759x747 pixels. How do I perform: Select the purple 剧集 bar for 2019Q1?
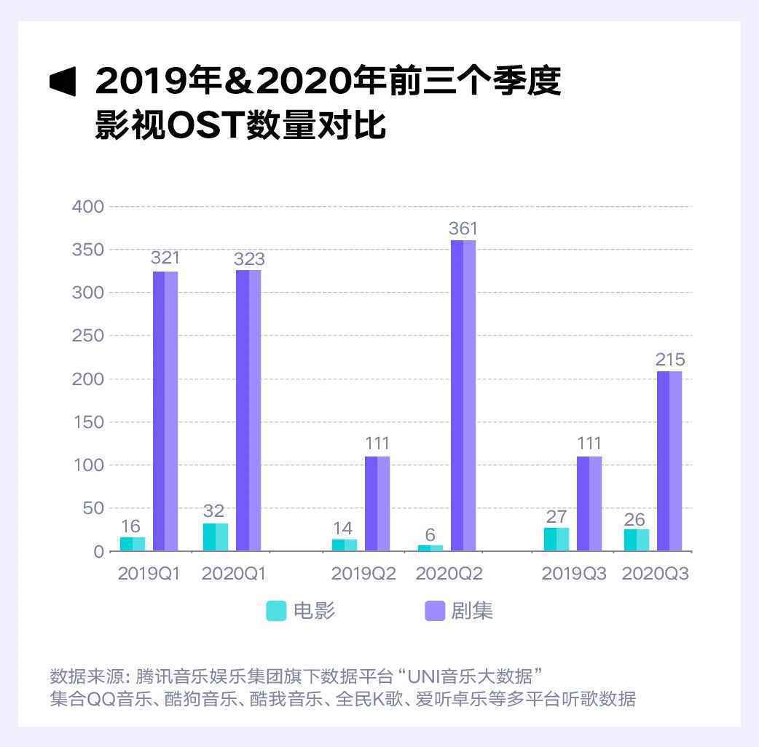[165, 411]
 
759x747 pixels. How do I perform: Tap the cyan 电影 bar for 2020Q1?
[216, 537]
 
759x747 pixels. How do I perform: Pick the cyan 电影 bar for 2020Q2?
[430, 548]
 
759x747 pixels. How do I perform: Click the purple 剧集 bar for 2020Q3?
[669, 461]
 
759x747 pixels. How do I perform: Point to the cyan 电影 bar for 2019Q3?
[557, 539]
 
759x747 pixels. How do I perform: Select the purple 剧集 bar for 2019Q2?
[377, 503]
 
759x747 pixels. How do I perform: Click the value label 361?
[463, 229]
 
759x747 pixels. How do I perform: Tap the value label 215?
[669, 360]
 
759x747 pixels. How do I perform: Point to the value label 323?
[249, 258]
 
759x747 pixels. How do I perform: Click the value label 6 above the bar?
[430, 535]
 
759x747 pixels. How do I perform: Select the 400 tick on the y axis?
[88, 207]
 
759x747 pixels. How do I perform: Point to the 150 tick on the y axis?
[88, 422]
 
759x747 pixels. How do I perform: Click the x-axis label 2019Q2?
[363, 574]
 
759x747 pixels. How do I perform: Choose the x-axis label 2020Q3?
[656, 574]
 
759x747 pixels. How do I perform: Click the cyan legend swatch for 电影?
[276, 611]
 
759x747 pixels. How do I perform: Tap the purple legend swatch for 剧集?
[435, 611]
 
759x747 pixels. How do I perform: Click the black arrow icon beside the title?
[63, 81]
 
